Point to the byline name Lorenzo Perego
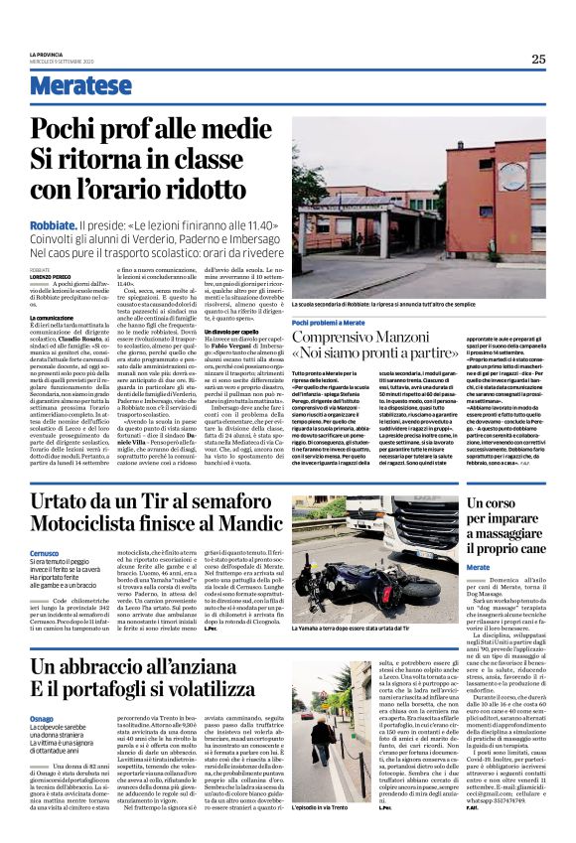(x=51, y=276)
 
